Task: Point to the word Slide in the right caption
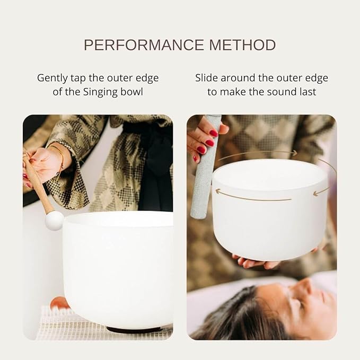tap(207, 78)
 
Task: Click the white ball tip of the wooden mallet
tap(54, 220)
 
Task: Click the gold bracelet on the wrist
tap(59, 159)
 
